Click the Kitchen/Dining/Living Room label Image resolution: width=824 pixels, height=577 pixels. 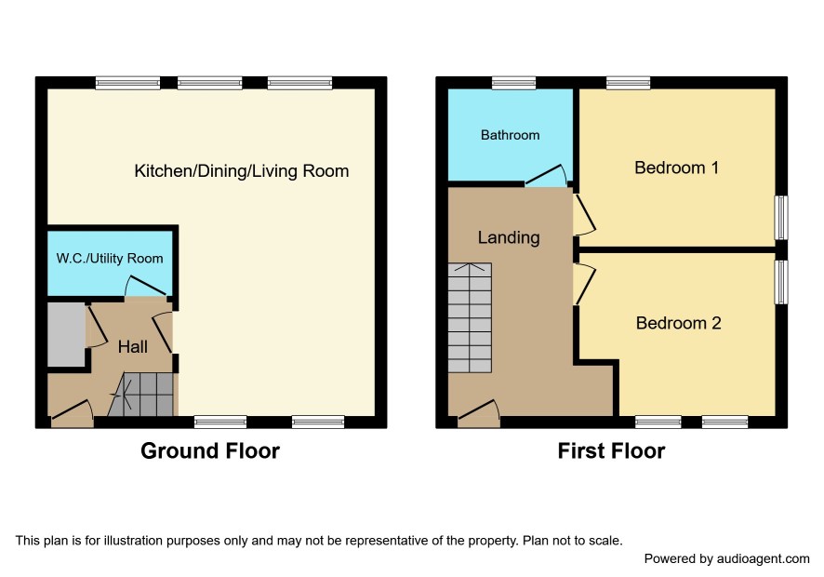pos(241,171)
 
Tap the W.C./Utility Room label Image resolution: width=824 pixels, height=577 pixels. pos(110,259)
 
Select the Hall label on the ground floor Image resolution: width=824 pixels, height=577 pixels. pos(132,346)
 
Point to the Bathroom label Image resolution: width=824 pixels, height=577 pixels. pos(510,135)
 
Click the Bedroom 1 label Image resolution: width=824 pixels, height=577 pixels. pos(676,168)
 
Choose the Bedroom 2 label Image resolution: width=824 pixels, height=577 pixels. pos(678,323)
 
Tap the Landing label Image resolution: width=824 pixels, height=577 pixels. pos(508,237)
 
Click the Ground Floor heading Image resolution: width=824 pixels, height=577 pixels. pos(210,450)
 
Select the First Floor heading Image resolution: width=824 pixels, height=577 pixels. pos(611,450)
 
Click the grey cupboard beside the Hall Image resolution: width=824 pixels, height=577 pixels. pos(66,334)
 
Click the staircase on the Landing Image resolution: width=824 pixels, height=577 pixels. pos(470,317)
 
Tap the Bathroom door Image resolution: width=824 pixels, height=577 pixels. pos(546,176)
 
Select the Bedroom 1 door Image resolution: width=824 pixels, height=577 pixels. pos(584,215)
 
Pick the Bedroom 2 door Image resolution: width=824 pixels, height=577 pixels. pos(584,284)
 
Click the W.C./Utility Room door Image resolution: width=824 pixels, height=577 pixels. pos(146,286)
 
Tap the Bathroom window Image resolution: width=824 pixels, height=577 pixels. pos(514,83)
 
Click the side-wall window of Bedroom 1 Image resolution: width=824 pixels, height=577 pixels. pos(782,218)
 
